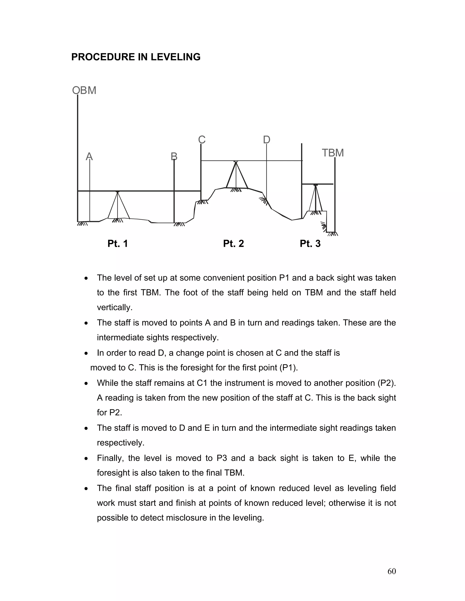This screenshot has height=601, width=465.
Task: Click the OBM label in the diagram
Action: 84,90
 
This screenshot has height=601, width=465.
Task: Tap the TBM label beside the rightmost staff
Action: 333,153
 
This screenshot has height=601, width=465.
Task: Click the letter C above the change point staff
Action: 202,140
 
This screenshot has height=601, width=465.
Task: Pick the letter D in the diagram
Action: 266,140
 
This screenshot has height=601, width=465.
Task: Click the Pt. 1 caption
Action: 118,244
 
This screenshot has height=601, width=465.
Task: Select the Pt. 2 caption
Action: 233,244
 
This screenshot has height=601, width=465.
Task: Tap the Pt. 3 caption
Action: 310,244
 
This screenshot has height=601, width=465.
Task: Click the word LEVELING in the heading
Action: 176,57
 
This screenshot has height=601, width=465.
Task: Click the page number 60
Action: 391,571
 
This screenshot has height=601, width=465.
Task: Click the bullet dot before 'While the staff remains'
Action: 87,383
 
